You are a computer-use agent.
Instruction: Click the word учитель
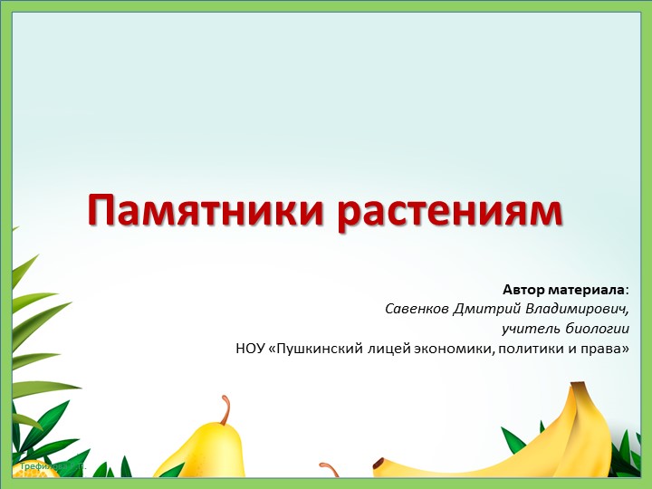click(x=531, y=329)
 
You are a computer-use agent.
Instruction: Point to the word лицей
click(x=395, y=348)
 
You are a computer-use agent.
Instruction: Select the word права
click(x=605, y=348)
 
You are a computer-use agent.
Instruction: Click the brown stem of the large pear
click(x=223, y=409)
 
